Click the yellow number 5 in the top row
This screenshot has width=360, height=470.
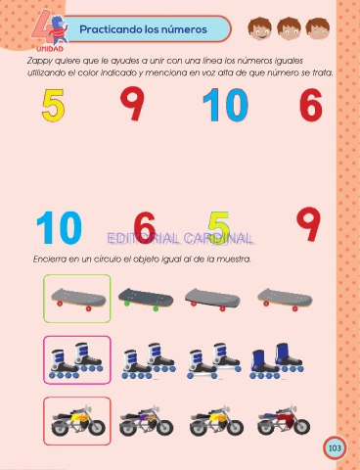click(x=53, y=106)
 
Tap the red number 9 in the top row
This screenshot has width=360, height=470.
click(x=132, y=103)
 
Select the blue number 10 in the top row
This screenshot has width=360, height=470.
click(x=225, y=105)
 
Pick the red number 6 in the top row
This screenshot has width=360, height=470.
click(x=311, y=105)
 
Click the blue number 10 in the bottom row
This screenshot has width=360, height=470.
click(x=59, y=227)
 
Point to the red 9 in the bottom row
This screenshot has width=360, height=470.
click(x=308, y=224)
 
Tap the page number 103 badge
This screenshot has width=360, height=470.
click(x=335, y=447)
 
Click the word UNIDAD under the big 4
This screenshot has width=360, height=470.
click(x=50, y=49)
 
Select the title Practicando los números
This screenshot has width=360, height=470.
click(x=143, y=29)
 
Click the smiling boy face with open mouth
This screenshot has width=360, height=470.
click(x=260, y=28)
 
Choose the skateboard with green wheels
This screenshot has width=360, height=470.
click(x=146, y=299)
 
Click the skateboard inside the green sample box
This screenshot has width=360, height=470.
click(x=78, y=299)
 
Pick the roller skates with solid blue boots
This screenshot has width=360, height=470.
click(x=277, y=360)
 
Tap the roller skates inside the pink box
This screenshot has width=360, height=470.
click(x=76, y=360)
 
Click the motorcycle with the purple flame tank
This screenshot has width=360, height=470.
click(x=147, y=421)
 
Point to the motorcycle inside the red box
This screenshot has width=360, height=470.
click(x=78, y=421)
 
